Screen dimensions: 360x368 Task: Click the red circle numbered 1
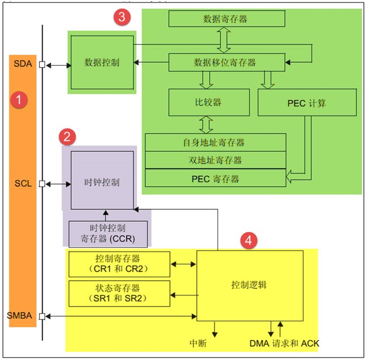(x=19, y=99)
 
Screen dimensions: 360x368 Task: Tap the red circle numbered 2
(x=68, y=137)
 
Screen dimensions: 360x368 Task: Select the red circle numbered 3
(x=121, y=17)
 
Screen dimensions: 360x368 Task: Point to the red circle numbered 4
(x=250, y=240)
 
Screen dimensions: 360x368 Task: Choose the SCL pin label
(x=22, y=184)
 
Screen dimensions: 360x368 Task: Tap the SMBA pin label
(x=19, y=317)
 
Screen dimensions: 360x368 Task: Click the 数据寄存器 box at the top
(x=225, y=19)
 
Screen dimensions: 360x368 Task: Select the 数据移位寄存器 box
(x=225, y=62)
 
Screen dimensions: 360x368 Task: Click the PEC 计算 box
(x=308, y=102)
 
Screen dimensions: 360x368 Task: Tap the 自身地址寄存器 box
(x=215, y=142)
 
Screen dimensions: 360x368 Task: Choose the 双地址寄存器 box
(x=215, y=160)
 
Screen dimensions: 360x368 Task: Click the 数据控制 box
(x=102, y=62)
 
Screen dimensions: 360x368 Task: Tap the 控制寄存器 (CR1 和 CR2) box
(x=119, y=264)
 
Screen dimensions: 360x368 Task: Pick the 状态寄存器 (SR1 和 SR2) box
(x=119, y=293)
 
